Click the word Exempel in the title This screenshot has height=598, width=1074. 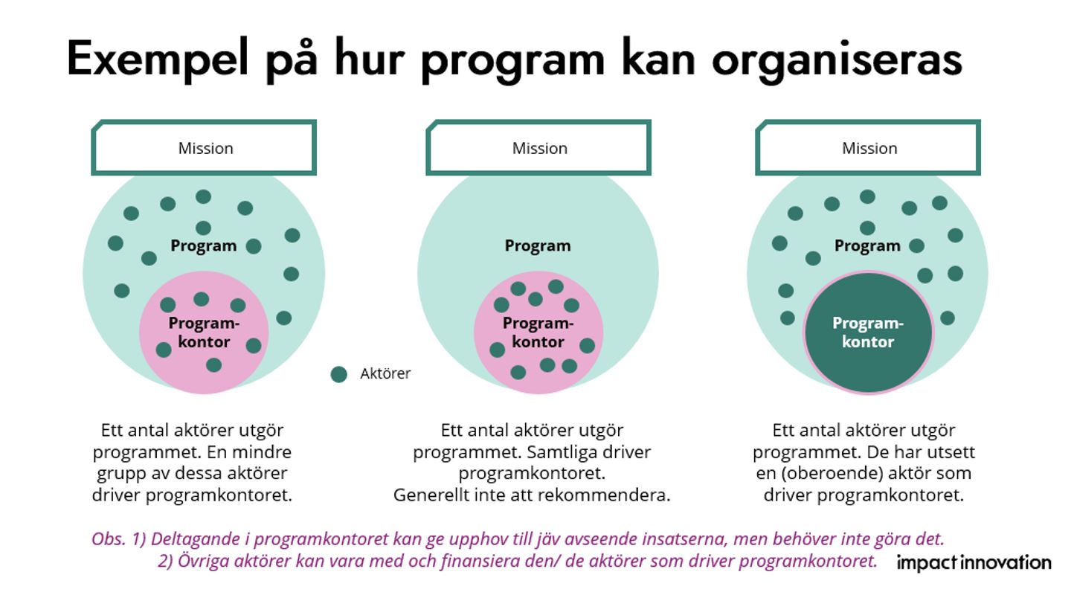(x=158, y=60)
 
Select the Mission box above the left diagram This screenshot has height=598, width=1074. (x=204, y=147)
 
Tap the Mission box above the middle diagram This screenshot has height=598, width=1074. (x=538, y=147)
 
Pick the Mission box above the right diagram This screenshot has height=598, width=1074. (x=868, y=147)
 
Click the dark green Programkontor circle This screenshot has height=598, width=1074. (x=868, y=332)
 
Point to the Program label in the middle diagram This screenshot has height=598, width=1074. (x=538, y=245)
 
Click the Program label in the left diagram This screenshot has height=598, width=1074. (x=204, y=245)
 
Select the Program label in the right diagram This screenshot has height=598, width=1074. (x=867, y=245)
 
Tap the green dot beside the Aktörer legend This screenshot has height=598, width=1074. (x=339, y=375)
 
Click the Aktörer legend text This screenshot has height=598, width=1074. (x=385, y=373)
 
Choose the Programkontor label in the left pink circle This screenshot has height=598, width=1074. (x=204, y=332)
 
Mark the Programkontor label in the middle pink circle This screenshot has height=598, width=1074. (x=538, y=332)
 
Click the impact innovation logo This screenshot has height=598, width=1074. (x=974, y=562)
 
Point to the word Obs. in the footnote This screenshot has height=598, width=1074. (x=109, y=539)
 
